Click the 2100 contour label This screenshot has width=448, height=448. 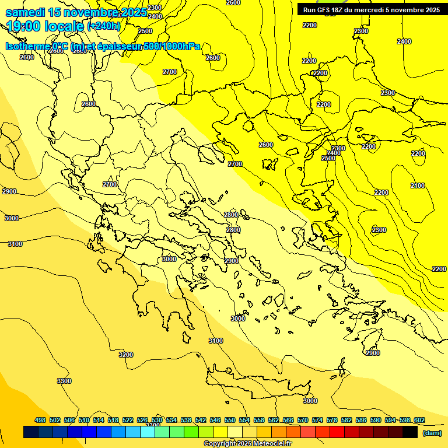coord(418,185)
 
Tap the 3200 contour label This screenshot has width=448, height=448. coord(126,355)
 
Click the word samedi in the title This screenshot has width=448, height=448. coord(26,13)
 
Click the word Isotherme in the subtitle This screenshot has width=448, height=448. coord(28,47)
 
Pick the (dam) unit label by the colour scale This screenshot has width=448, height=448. coord(432,432)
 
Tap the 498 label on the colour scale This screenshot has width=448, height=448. coord(40,421)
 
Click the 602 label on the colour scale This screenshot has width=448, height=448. coord(419,421)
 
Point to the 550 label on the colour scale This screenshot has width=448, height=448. coord(230,421)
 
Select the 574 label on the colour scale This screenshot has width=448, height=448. coord(317,421)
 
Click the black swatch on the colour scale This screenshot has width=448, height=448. coord(410,432)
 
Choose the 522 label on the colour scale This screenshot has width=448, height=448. coord(128,421)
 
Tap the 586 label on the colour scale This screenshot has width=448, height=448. coord(361,421)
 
